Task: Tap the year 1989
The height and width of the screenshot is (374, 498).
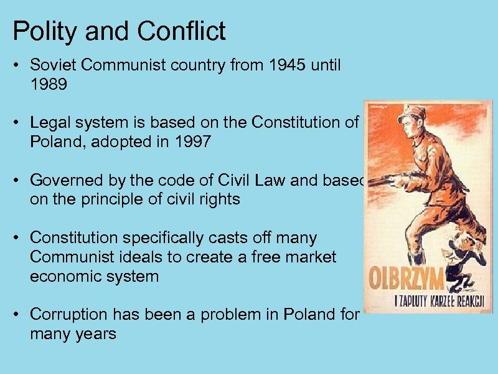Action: pos(48,85)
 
